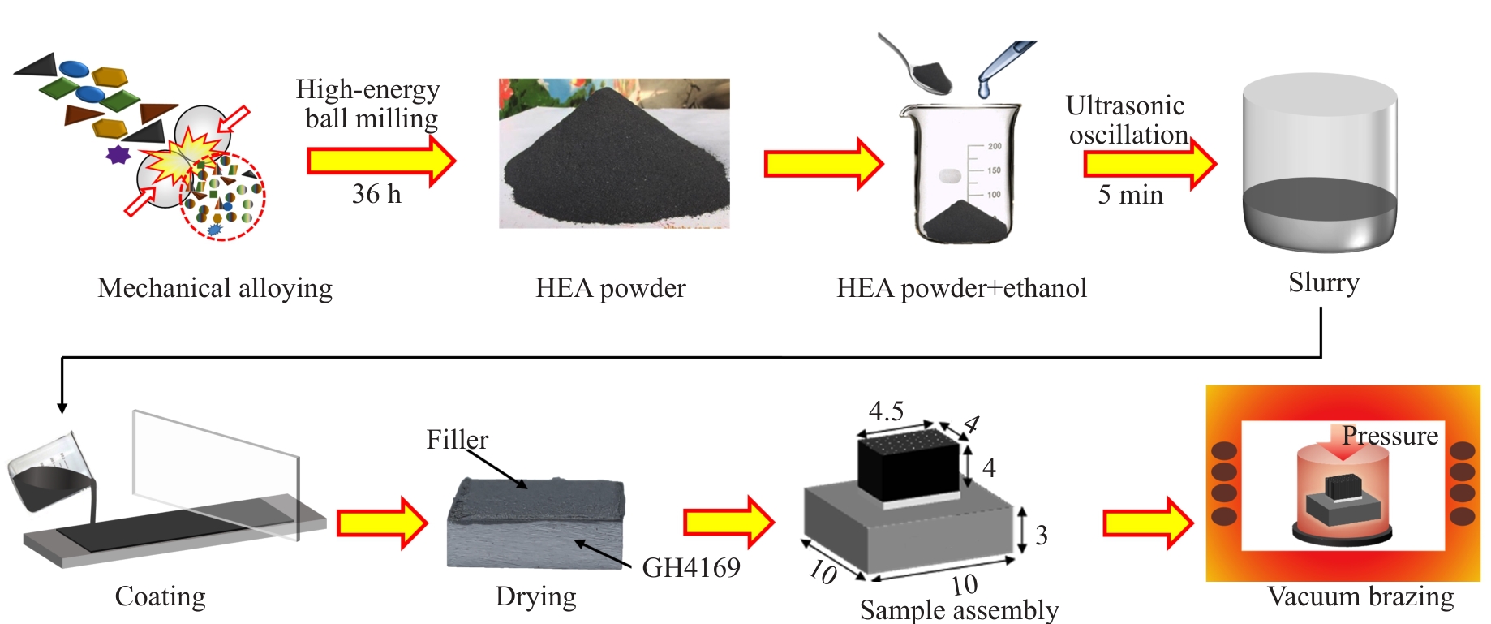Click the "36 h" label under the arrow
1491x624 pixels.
376,194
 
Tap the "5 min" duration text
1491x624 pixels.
1130,195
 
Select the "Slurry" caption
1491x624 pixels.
1323,282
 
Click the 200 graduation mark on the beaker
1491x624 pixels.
994,146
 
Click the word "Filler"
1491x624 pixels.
458,440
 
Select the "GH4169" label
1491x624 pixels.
691,567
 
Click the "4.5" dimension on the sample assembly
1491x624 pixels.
886,411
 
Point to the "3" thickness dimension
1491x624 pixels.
1042,536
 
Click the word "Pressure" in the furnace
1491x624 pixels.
1390,436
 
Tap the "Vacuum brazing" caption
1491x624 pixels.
1360,596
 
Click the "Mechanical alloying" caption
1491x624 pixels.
215,288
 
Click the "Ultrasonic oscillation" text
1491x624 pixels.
1127,120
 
